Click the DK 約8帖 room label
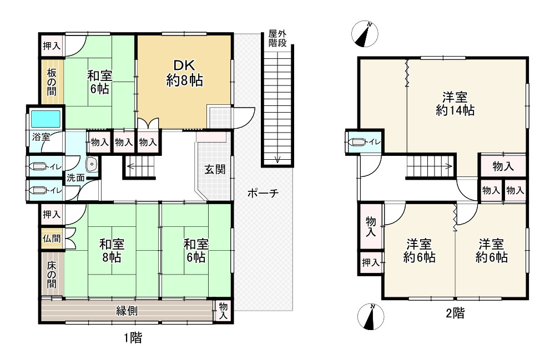(184, 73)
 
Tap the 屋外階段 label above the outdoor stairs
(277, 38)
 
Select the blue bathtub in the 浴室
(46, 119)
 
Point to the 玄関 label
(215, 169)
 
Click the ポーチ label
(263, 193)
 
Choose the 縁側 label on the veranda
(127, 311)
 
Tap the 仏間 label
(52, 239)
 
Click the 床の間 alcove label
(52, 275)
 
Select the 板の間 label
(52, 82)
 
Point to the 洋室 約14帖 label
(455, 104)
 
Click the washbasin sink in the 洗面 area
(92, 164)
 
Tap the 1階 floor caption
(133, 338)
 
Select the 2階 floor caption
(455, 313)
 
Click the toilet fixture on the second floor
(356, 142)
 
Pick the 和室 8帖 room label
(112, 251)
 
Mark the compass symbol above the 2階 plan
(365, 34)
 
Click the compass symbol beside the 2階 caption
(371, 317)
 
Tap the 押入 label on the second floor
(371, 262)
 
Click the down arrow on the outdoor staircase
(277, 160)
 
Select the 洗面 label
(75, 178)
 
